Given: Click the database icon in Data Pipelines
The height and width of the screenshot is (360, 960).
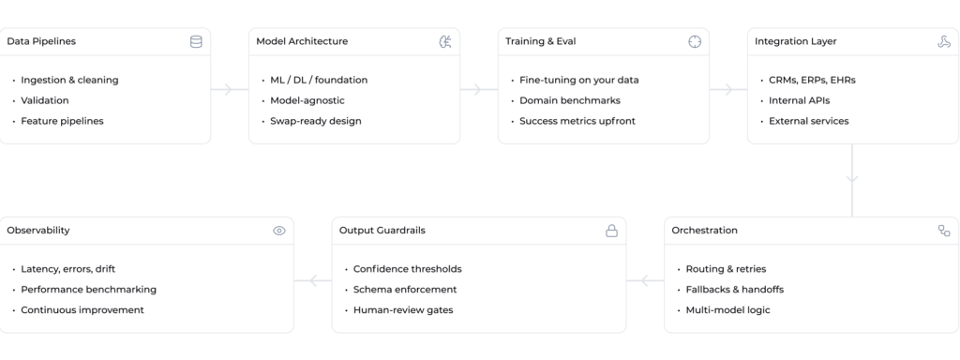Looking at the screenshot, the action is pyautogui.click(x=196, y=41).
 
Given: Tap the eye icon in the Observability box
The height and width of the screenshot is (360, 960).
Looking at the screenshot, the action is pyautogui.click(x=279, y=231).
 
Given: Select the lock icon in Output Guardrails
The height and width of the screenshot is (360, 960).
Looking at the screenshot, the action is pyautogui.click(x=611, y=231).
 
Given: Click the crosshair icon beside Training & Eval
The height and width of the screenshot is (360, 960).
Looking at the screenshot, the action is pyautogui.click(x=695, y=41).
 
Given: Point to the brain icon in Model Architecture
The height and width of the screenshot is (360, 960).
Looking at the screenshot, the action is pyautogui.click(x=445, y=41).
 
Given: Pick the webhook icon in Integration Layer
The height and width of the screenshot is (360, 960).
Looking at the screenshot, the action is pyautogui.click(x=944, y=41).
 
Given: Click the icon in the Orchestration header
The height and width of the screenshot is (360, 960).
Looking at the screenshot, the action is pyautogui.click(x=944, y=231).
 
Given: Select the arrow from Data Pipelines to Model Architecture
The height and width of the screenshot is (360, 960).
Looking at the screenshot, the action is pyautogui.click(x=230, y=89).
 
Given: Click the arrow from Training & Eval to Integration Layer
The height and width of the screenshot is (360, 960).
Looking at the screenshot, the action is pyautogui.click(x=727, y=89).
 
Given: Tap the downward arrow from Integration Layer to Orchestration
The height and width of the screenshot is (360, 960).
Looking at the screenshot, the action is pyautogui.click(x=851, y=180).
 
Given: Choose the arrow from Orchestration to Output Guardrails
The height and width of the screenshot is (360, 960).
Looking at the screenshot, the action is pyautogui.click(x=645, y=281).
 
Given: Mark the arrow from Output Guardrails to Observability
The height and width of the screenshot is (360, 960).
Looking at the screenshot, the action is pyautogui.click(x=313, y=281).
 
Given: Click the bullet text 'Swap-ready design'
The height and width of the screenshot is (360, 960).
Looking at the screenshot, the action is pyautogui.click(x=316, y=121).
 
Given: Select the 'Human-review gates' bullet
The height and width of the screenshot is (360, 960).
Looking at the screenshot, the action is pyautogui.click(x=403, y=310).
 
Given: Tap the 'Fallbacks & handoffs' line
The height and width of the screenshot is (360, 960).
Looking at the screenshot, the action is pyautogui.click(x=735, y=290).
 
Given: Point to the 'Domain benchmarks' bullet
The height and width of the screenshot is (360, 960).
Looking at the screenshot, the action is pyautogui.click(x=570, y=100).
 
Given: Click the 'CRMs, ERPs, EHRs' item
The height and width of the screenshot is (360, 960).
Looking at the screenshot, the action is pyautogui.click(x=812, y=81).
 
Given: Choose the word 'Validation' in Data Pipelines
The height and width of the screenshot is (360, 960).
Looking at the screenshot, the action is pyautogui.click(x=45, y=100).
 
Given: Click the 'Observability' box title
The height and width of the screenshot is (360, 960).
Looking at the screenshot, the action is pyautogui.click(x=37, y=231).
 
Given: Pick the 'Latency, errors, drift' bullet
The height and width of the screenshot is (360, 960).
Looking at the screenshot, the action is pyautogui.click(x=67, y=269).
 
